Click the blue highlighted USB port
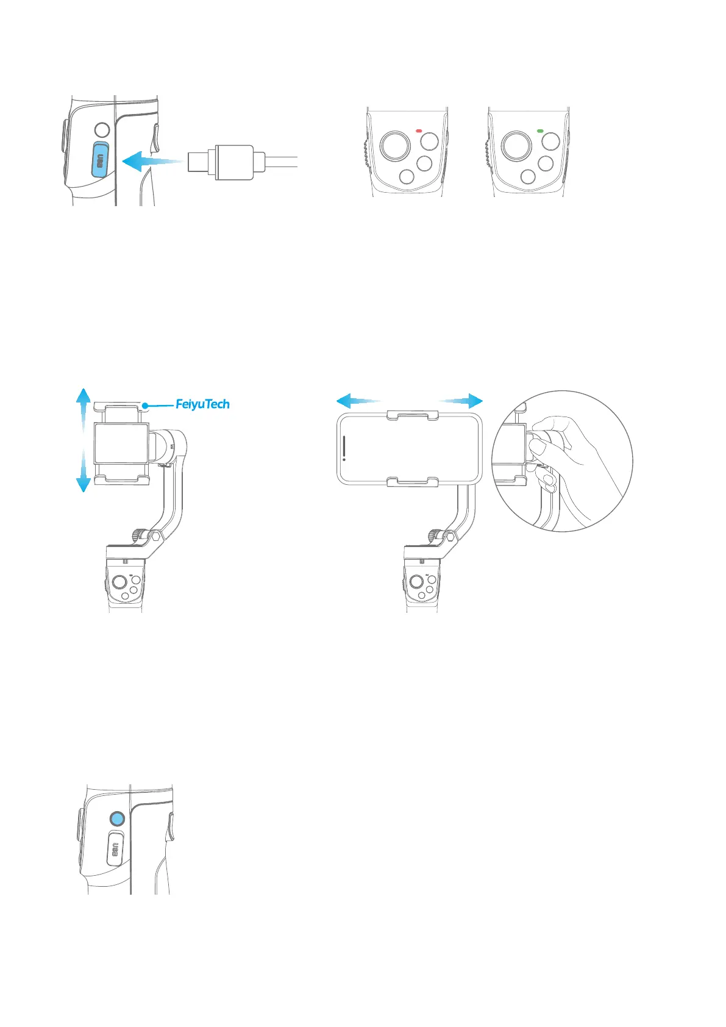tap(100, 160)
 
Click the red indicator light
tap(419, 131)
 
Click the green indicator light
tap(540, 131)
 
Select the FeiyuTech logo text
tap(202, 404)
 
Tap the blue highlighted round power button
tap(117, 819)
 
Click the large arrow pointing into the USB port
tap(149, 162)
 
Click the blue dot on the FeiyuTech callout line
tap(145, 404)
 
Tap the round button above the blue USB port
tap(102, 130)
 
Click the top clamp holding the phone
tap(411, 414)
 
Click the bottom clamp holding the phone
tap(411, 482)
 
